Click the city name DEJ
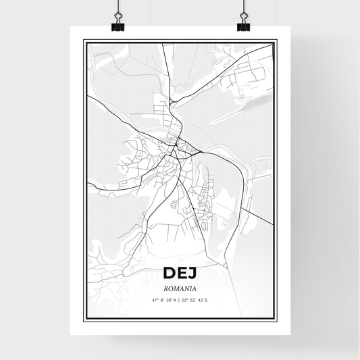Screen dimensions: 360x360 pos(180,274)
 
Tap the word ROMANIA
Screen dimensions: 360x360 pos(180,287)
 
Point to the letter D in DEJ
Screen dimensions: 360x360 pos(168,274)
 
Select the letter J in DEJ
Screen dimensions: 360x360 pos(192,274)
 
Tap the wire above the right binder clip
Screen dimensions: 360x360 pos(243,7)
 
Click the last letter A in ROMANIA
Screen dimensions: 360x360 pos(194,287)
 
